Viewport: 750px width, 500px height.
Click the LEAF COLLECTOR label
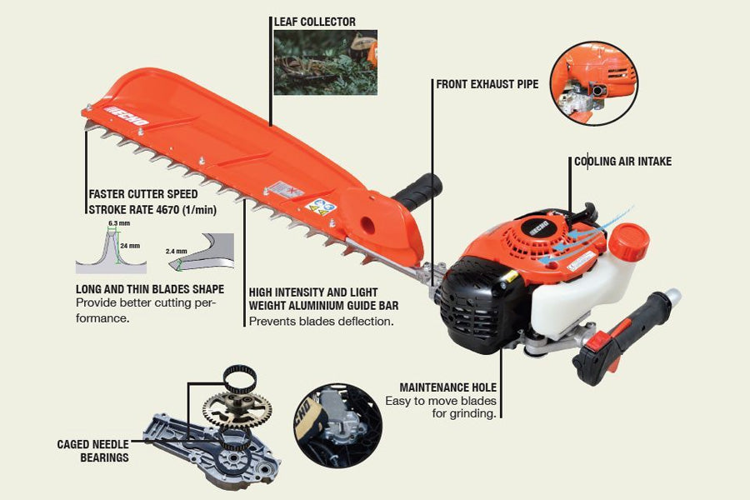(314, 21)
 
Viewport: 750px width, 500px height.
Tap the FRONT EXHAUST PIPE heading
(487, 84)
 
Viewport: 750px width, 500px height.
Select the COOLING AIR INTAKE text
(622, 161)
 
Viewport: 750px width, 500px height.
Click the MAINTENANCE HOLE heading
(447, 387)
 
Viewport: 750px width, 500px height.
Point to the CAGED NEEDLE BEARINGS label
(93, 452)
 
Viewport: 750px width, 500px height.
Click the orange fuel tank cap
(627, 242)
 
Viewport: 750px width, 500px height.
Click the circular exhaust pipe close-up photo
(593, 83)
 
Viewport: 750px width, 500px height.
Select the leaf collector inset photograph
(325, 62)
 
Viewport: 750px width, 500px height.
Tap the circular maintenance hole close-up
(337, 426)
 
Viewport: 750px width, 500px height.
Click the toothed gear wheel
(237, 408)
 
